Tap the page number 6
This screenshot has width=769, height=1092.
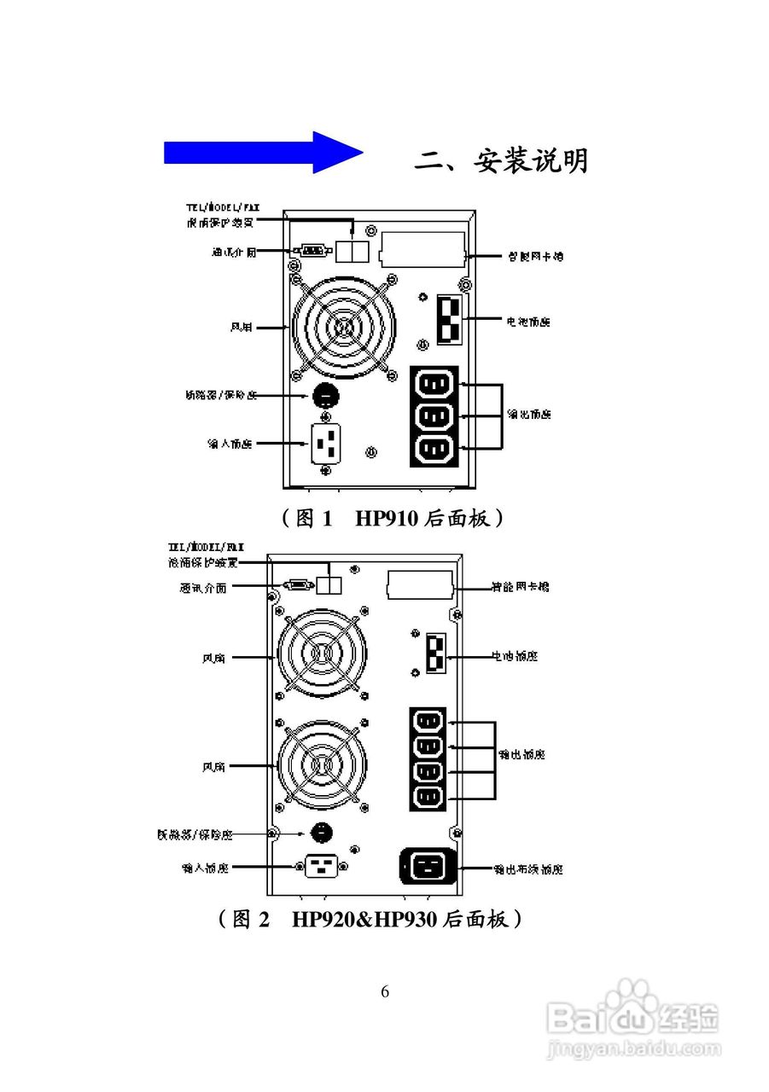tap(385, 991)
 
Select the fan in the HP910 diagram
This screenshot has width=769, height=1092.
tap(344, 327)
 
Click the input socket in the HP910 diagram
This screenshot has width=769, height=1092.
tap(325, 444)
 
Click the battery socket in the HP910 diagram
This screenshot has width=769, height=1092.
tap(449, 320)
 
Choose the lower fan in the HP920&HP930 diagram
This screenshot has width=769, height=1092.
tap(320, 764)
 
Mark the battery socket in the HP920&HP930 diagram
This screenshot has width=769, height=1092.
tap(435, 655)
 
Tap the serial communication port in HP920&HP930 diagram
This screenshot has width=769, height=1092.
tap(298, 585)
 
